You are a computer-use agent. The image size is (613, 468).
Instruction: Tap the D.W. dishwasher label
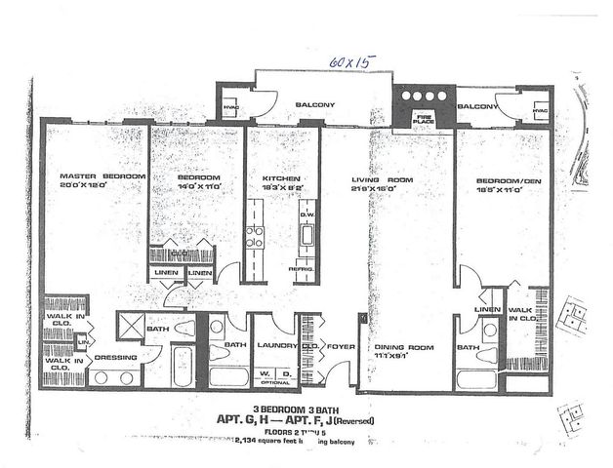point(306,215)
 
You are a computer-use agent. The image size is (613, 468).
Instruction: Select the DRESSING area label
point(114,358)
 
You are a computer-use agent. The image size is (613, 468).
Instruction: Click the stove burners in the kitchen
point(255,237)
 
